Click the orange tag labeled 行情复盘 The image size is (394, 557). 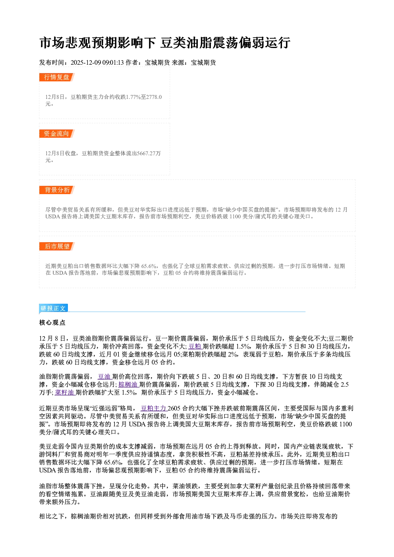[57, 77]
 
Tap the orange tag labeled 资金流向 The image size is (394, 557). [57, 134]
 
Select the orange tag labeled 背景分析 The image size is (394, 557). [57, 190]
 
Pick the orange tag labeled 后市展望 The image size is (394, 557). [57, 247]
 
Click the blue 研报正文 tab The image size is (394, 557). [53, 308]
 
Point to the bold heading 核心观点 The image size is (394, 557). [52, 323]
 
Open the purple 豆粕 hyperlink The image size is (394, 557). [195, 346]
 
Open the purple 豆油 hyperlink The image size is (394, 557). [104, 377]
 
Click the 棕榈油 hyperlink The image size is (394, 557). [128, 385]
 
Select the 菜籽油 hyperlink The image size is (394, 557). [65, 393]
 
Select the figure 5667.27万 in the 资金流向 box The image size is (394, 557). [149, 153]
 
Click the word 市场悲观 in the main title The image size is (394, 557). [66, 42]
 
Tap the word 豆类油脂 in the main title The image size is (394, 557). [186, 42]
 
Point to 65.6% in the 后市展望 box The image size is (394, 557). [149, 266]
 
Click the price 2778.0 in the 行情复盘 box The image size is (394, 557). [154, 97]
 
